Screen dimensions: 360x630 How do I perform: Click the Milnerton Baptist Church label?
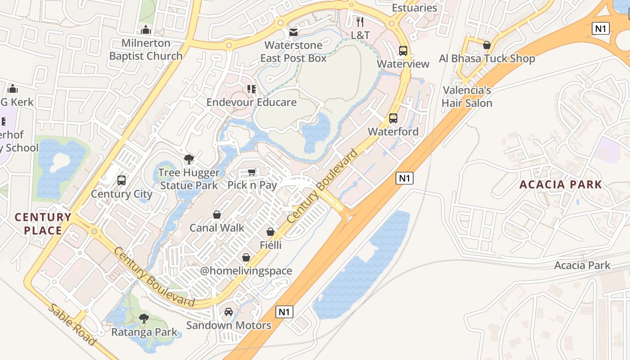(146, 49)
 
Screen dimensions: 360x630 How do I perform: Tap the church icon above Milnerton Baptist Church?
(145, 30)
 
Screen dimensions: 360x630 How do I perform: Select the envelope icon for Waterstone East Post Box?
(293, 32)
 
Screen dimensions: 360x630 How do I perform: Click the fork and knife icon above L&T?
(360, 22)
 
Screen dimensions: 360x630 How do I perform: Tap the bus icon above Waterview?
(403, 51)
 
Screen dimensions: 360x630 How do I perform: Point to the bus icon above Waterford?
(393, 118)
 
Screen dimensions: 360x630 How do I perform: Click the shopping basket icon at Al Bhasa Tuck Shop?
(486, 45)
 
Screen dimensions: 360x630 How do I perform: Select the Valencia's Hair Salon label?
(467, 96)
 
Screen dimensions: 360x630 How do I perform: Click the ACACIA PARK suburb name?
(561, 184)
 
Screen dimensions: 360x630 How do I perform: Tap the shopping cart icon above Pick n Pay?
(252, 172)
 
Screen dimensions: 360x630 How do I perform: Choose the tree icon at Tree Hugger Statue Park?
(189, 159)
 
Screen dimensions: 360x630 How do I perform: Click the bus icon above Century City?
(121, 180)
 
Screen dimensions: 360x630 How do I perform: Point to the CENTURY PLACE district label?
(43, 224)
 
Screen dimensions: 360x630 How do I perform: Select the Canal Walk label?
(217, 228)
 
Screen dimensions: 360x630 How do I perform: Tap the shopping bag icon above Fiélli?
(270, 232)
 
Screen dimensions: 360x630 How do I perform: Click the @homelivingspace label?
(246, 271)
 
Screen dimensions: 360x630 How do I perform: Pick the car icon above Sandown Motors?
(229, 312)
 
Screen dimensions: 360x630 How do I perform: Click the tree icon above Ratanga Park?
(144, 319)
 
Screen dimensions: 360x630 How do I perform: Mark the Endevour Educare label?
(252, 102)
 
